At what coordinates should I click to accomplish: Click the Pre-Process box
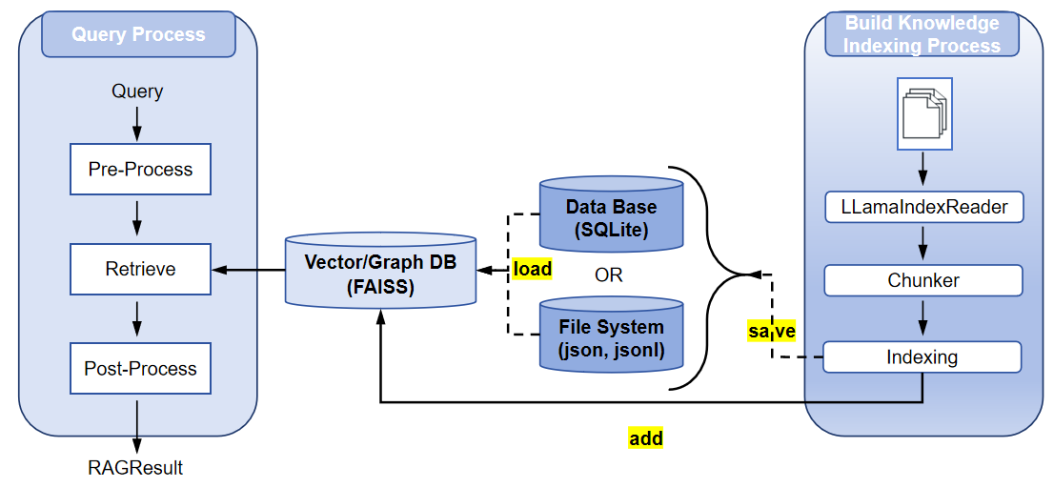click(140, 169)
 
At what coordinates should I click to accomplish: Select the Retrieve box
click(140, 270)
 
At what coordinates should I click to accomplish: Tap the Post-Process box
click(140, 368)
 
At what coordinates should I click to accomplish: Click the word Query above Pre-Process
click(137, 91)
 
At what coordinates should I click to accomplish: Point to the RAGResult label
click(135, 467)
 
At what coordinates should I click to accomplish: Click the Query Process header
click(138, 34)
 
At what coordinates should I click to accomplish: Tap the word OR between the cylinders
click(608, 274)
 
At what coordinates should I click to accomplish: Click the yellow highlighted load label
click(533, 269)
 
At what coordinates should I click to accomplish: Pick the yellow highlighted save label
click(772, 331)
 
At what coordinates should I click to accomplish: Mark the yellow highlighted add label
click(646, 439)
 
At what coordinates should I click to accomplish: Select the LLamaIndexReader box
click(922, 207)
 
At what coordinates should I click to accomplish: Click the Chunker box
click(922, 280)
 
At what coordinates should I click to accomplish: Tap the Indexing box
click(922, 356)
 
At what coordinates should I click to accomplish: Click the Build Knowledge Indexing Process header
click(922, 34)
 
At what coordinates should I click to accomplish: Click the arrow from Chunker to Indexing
click(922, 318)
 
